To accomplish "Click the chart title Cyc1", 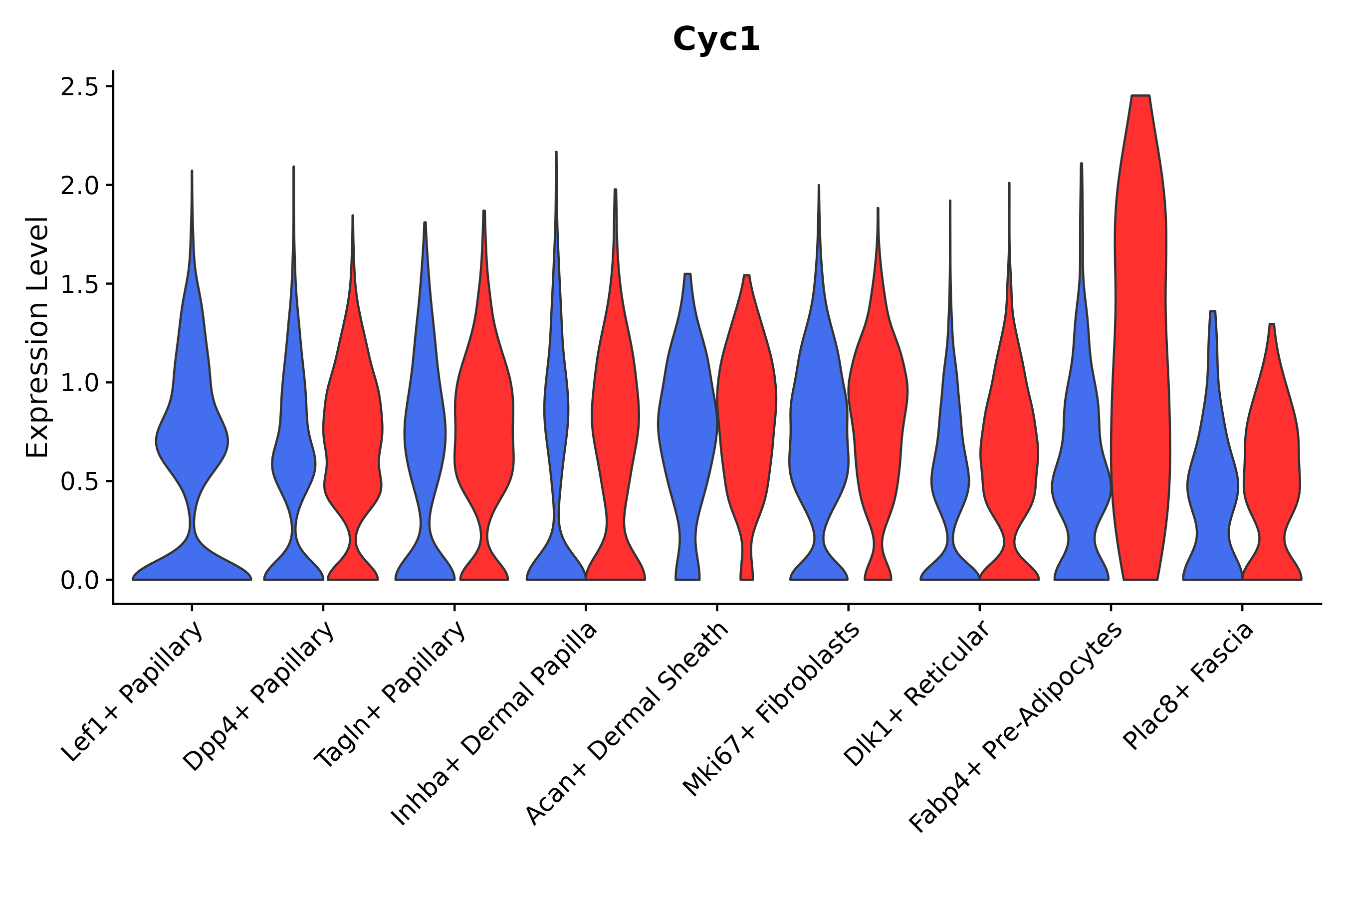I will click(x=716, y=40).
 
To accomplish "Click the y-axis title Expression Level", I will click(x=37, y=337).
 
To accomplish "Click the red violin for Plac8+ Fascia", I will click(x=1271, y=458).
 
